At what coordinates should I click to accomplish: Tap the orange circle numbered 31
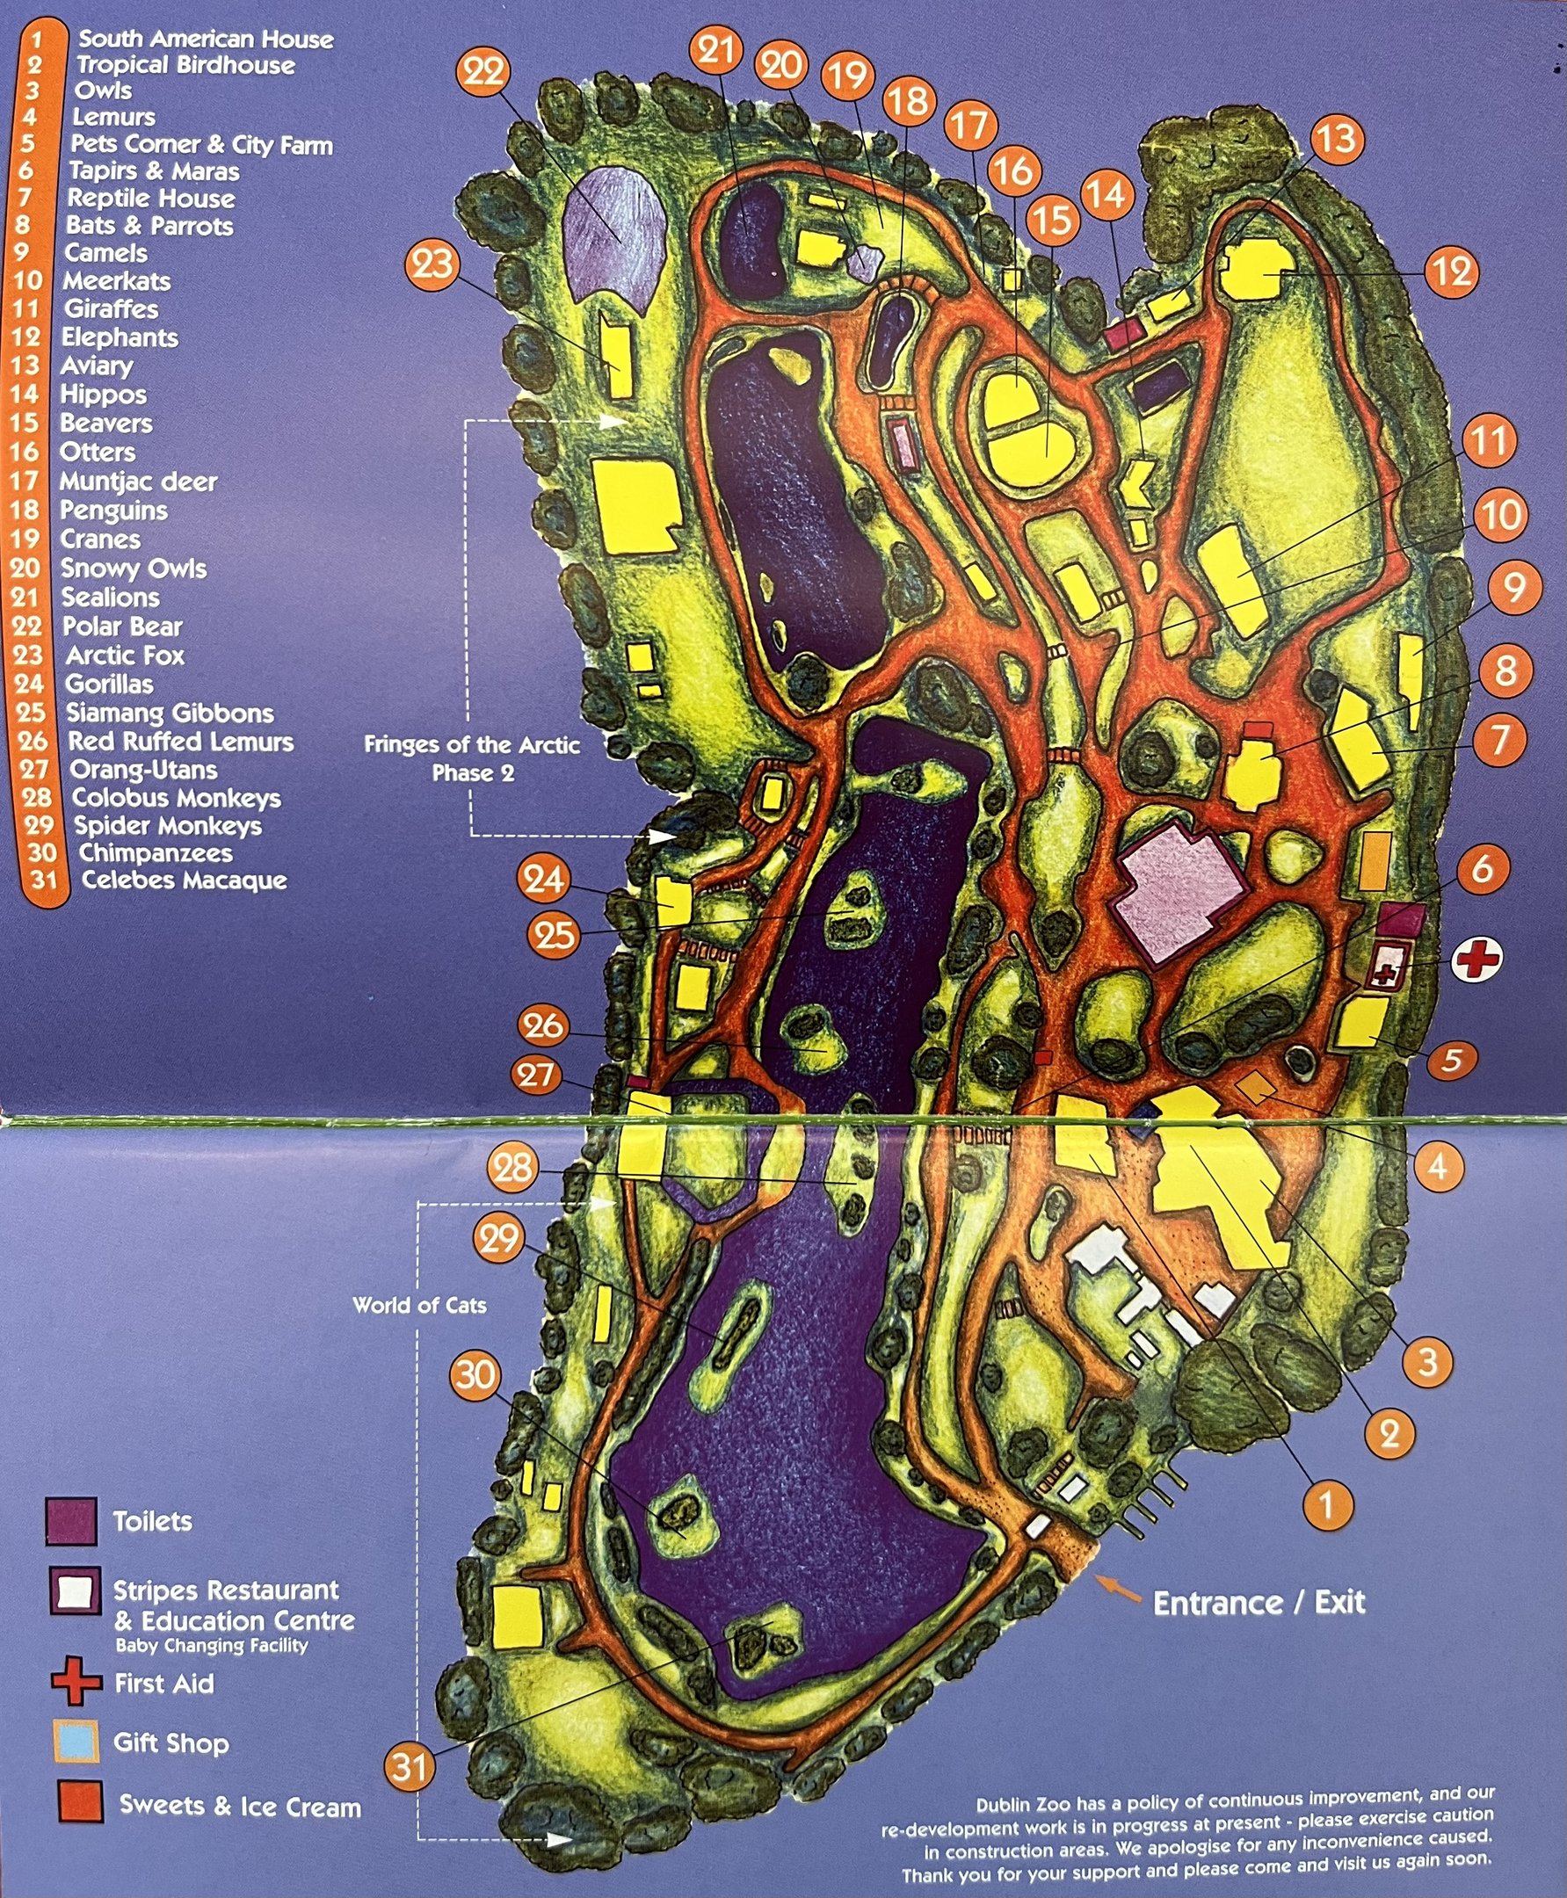[x=410, y=1765]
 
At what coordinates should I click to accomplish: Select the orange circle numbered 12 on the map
[x=1453, y=272]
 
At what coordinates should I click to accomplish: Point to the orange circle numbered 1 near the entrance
[x=1326, y=1505]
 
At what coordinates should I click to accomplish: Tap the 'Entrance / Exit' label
[x=1259, y=1603]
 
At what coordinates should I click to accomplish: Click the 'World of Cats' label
[x=419, y=1305]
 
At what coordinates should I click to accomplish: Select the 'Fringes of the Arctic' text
[x=471, y=744]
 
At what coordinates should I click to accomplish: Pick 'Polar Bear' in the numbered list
[x=122, y=627]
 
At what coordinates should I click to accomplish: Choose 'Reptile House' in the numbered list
[x=151, y=199]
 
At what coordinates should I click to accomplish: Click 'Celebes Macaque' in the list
[x=185, y=880]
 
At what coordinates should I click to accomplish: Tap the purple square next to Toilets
[x=71, y=1522]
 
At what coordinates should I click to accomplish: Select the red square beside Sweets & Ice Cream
[x=80, y=1802]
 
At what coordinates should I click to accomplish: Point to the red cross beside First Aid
[x=76, y=1681]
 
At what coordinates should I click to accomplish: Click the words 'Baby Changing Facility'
[x=211, y=1645]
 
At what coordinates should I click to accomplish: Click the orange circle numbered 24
[x=542, y=878]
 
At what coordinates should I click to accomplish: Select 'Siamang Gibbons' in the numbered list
[x=170, y=713]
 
